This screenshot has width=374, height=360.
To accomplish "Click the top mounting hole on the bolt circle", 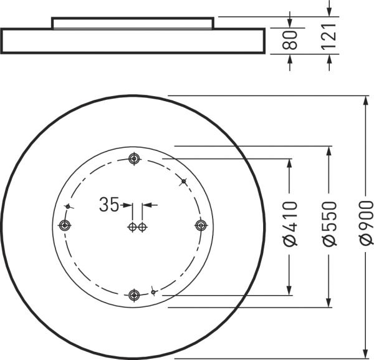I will point(133,158).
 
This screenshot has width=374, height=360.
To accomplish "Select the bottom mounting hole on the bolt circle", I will point(133,294).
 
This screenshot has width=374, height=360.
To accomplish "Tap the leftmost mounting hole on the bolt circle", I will point(63,225).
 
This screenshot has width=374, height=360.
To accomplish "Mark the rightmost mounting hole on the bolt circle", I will point(201,225).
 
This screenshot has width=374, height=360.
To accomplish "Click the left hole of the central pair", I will point(132,226).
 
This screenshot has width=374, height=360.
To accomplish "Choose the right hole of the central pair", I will point(142,226).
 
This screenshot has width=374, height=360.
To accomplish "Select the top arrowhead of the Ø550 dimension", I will point(329,151).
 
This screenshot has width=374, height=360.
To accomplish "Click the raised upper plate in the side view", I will point(133,23).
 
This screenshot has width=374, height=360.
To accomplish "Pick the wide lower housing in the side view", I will point(133,41).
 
